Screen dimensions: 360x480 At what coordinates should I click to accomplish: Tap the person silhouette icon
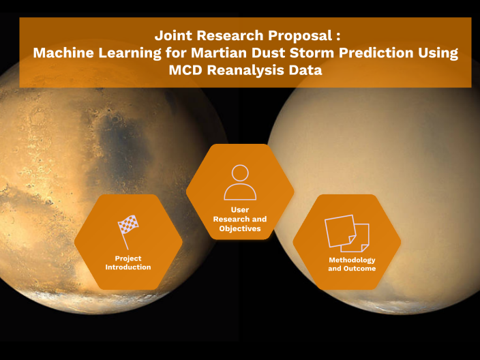[x=240, y=181]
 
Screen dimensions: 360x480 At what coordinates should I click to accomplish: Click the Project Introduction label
[x=127, y=262]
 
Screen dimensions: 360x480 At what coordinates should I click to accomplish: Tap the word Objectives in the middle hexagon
[x=240, y=228]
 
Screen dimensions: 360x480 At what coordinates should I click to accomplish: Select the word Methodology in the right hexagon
[x=352, y=260]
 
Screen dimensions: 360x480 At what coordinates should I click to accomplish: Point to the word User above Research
[x=240, y=210]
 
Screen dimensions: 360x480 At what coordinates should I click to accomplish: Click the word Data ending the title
[x=306, y=70]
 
